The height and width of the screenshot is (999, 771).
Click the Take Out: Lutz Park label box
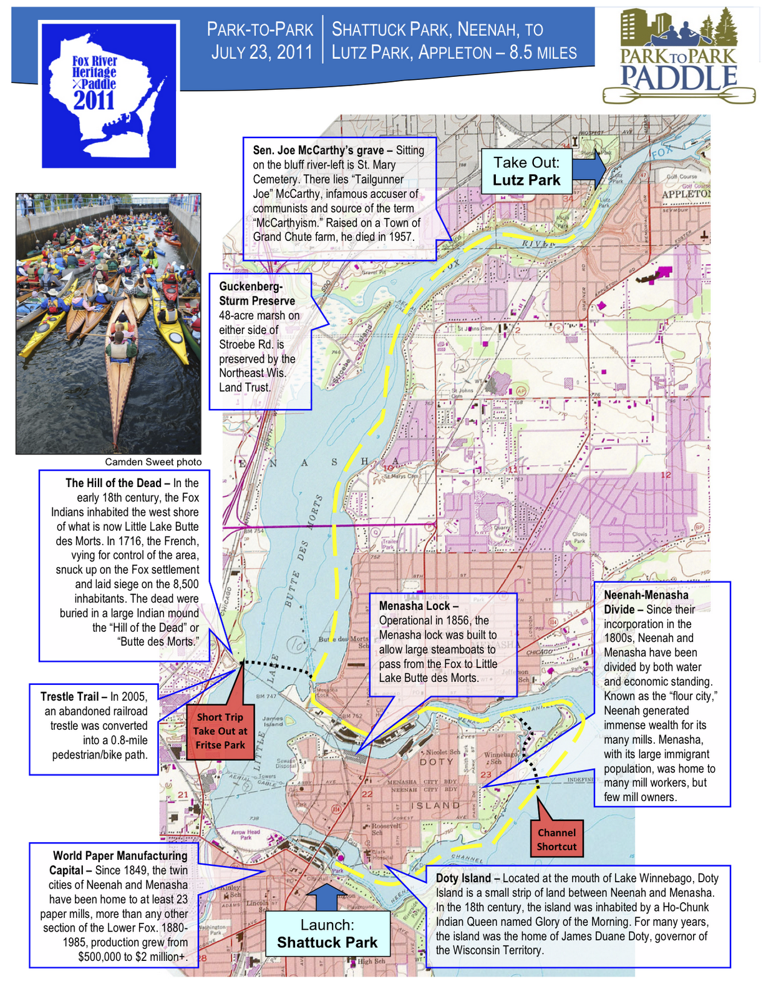pos(527,171)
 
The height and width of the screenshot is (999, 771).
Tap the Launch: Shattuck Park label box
pos(327,933)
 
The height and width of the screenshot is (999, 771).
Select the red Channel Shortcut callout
pos(556,839)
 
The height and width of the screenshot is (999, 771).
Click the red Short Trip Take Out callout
pos(220,731)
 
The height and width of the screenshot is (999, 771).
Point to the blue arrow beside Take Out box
pos(589,169)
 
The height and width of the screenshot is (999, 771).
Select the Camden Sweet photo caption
pos(153,462)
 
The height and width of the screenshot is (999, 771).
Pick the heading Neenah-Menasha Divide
pos(646,602)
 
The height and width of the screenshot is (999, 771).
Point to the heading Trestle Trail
pos(69,697)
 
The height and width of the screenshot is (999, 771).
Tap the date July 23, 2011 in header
pos(261,52)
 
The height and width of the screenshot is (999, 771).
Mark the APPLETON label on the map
pos(686,194)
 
